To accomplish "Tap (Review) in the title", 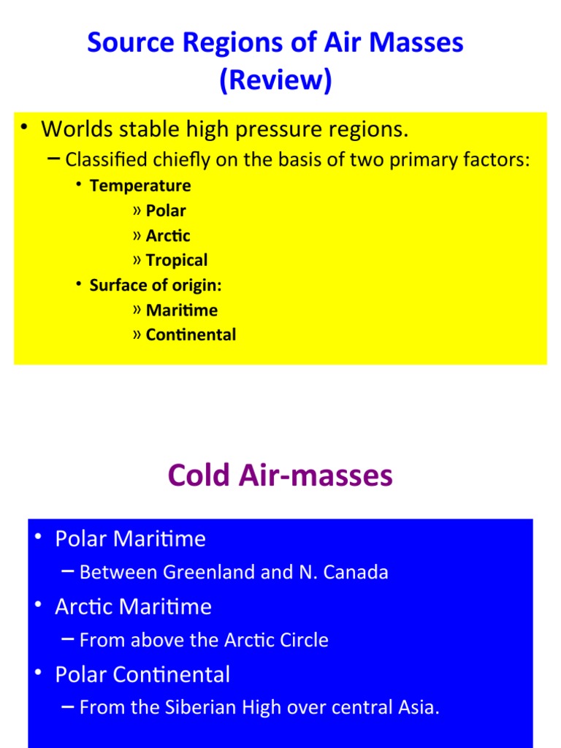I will click(x=275, y=80).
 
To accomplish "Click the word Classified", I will click(x=107, y=160).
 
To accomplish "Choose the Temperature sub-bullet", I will click(x=140, y=186).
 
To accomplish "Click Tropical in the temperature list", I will click(x=176, y=260).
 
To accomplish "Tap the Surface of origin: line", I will click(x=155, y=285).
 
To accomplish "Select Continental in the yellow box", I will click(x=191, y=335).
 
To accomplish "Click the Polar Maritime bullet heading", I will click(x=130, y=539).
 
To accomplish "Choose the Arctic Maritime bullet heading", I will click(x=133, y=606).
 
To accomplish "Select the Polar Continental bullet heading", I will click(x=142, y=674).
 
